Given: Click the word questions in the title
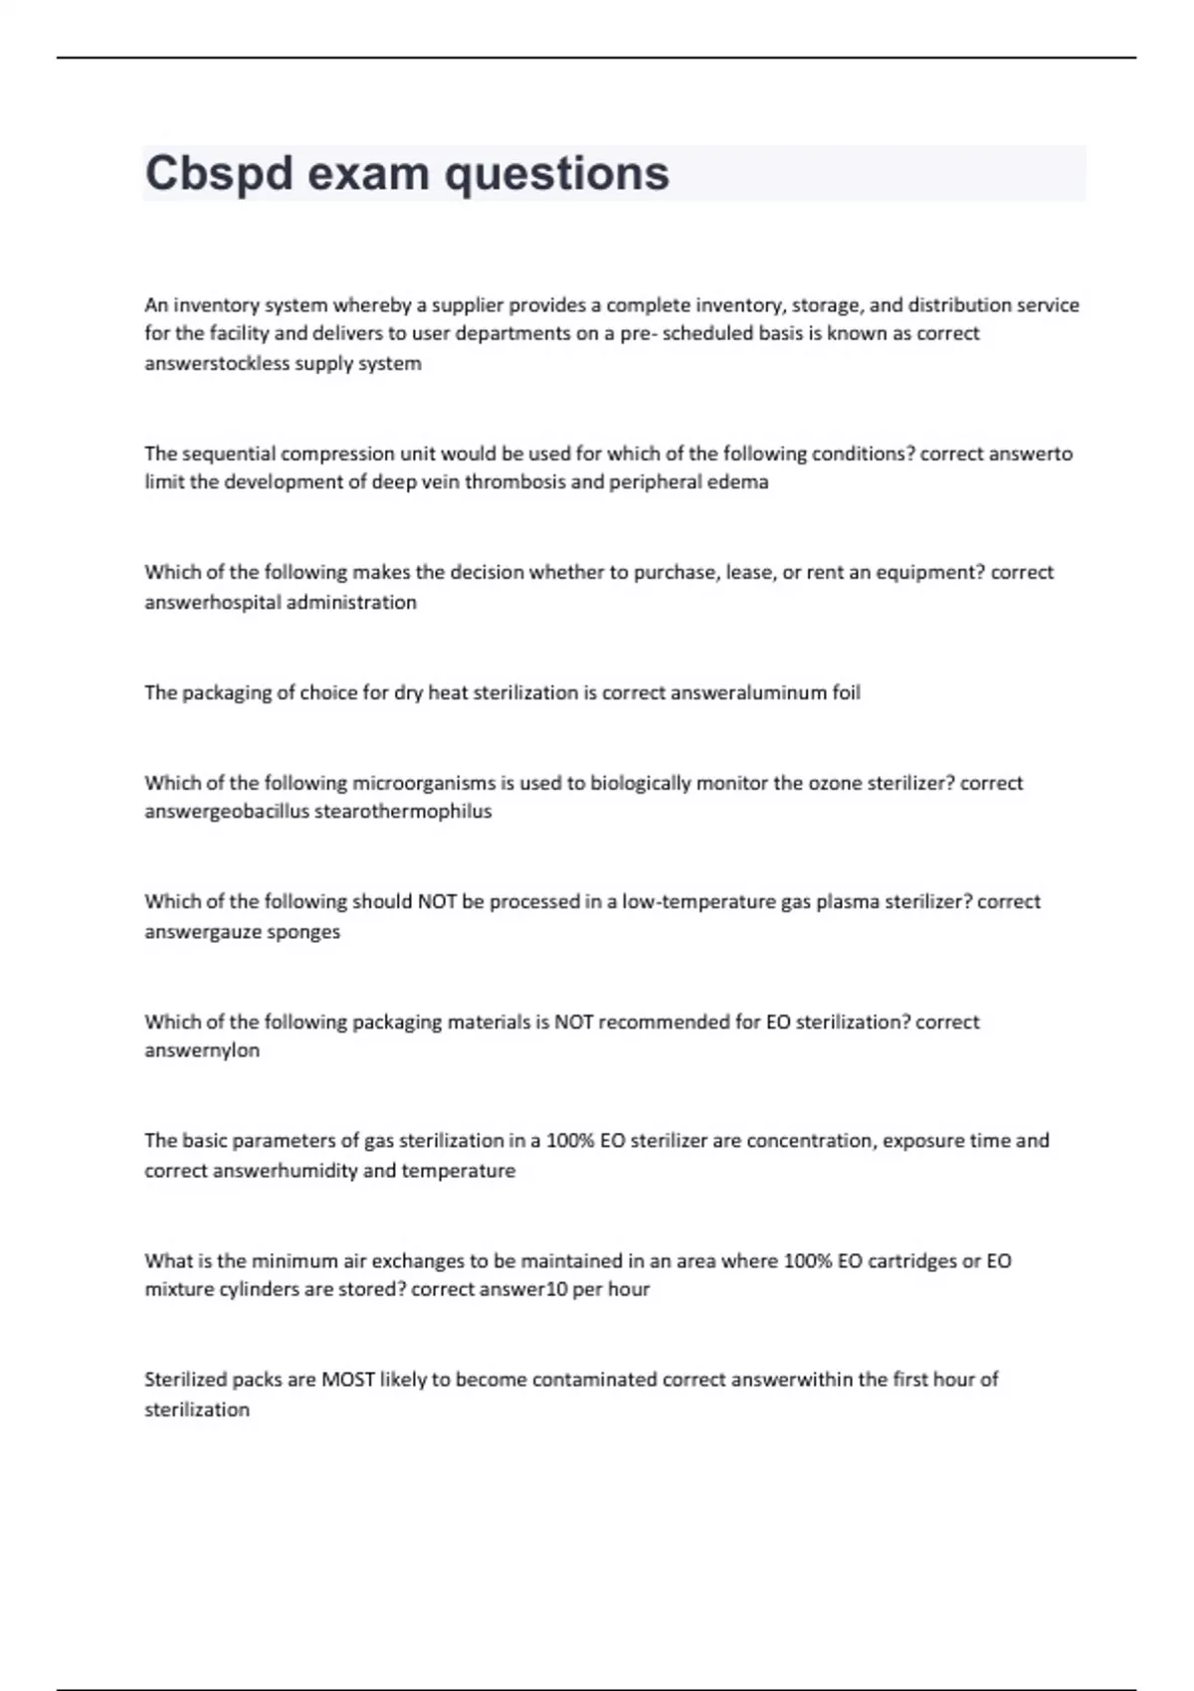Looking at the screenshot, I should [556, 173].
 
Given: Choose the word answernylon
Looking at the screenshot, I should [202, 1050].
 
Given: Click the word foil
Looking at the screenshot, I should [846, 692].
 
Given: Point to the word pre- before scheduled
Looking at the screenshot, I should [638, 333].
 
